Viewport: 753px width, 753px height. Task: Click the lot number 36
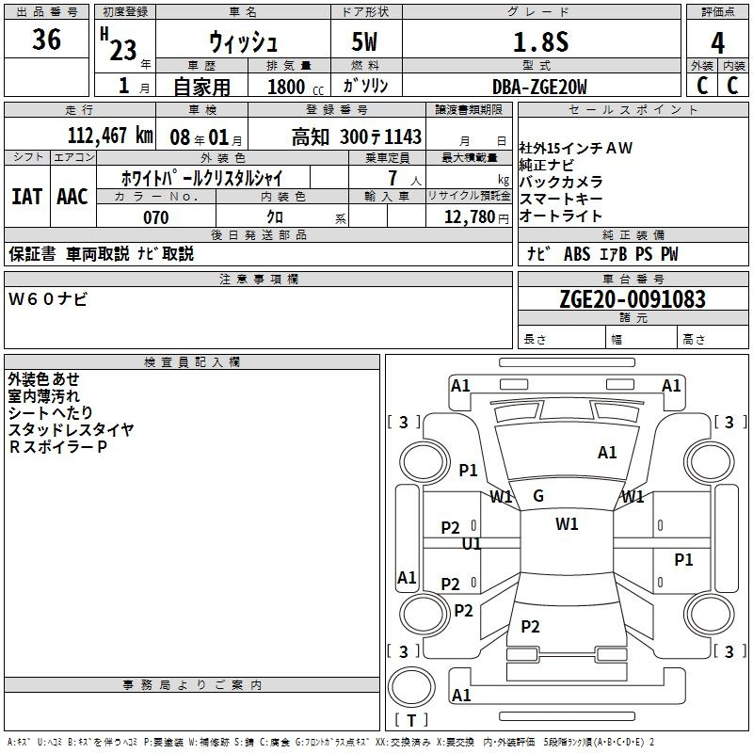coord(46,39)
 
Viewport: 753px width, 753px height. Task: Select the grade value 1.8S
coord(540,41)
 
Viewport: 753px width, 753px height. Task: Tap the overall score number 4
coord(717,43)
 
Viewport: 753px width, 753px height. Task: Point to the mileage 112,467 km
coord(110,136)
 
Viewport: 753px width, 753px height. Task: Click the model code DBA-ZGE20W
coord(539,87)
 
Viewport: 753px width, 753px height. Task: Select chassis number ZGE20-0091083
coord(633,299)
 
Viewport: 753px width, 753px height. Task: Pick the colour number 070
coord(156,217)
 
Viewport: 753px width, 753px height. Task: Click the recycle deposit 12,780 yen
coord(476,217)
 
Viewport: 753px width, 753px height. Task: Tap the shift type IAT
coord(27,197)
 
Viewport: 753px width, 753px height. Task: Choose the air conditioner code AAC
coord(72,197)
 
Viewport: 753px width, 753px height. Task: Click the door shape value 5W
coord(364,41)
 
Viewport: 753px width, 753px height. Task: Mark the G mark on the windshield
coord(538,496)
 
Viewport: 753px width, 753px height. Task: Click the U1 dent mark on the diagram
coord(472,544)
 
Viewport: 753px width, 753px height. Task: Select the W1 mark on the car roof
coord(567,524)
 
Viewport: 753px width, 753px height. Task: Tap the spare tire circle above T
coord(411,687)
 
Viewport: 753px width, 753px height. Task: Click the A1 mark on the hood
coord(607,453)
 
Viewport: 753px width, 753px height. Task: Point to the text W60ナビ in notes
coord(48,299)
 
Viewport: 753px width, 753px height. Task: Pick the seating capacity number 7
coord(393,178)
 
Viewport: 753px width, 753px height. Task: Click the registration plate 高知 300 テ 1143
coord(357,136)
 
